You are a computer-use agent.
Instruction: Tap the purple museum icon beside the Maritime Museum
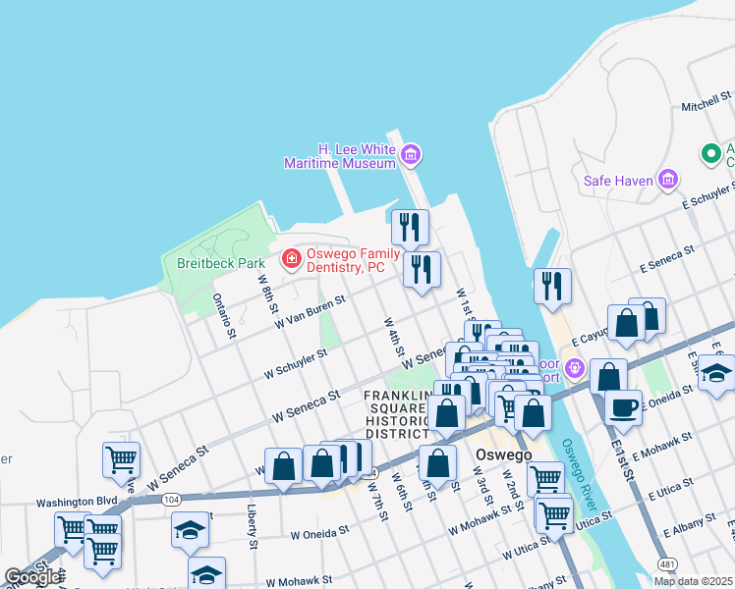(x=411, y=154)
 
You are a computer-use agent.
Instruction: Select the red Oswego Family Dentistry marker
(x=291, y=259)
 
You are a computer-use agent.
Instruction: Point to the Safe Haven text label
(x=618, y=181)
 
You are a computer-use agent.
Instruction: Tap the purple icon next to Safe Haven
(x=669, y=179)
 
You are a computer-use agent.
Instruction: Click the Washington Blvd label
(x=77, y=501)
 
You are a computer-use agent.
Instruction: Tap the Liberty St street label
(x=253, y=526)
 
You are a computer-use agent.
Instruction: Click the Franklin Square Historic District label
(x=399, y=413)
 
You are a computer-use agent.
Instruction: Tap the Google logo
(x=31, y=576)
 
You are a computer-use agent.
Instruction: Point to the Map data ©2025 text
(x=694, y=581)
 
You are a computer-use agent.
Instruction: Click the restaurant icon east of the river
(x=552, y=286)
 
